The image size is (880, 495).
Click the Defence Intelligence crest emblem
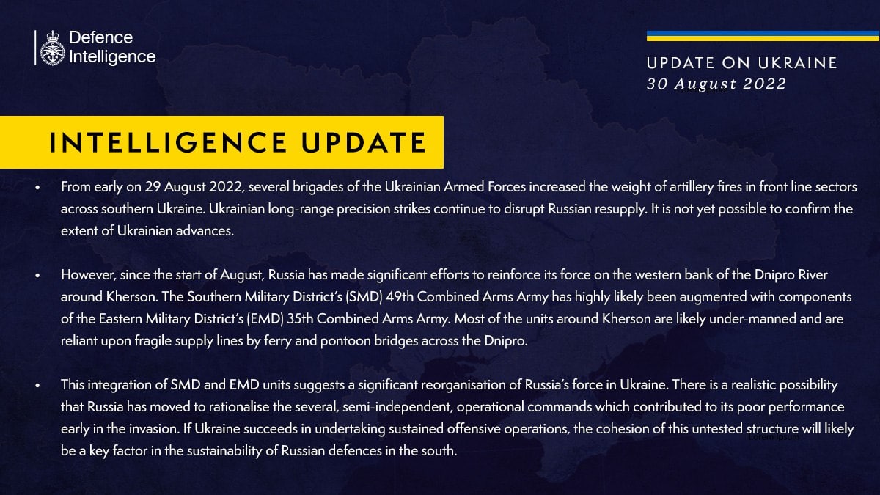tap(52, 48)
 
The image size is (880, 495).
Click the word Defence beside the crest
tap(100, 37)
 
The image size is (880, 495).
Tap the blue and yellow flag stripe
tap(763, 36)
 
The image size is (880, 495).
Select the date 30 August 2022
tap(716, 84)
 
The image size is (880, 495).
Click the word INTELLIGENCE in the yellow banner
tap(169, 142)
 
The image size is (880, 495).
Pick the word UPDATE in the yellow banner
tap(364, 142)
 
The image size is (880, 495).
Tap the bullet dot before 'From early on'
tap(37, 188)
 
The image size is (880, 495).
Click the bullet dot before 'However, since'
tap(37, 276)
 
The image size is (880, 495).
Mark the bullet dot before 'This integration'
tap(37, 386)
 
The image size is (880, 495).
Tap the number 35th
tap(300, 318)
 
